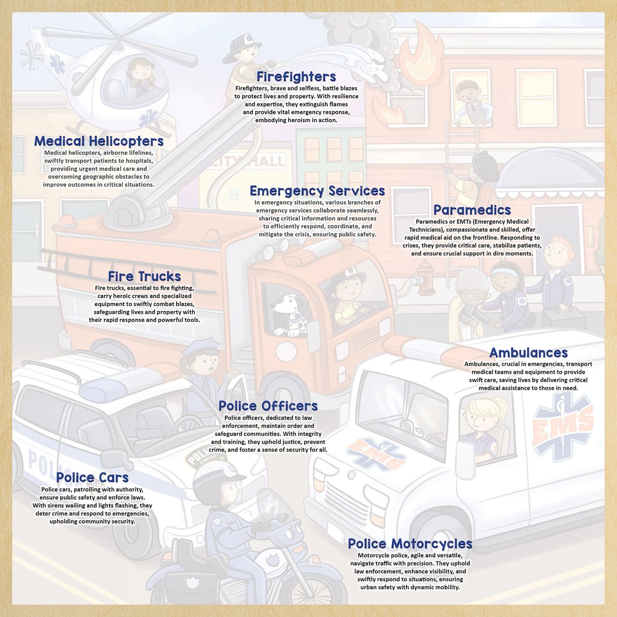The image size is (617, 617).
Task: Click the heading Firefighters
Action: [296, 77]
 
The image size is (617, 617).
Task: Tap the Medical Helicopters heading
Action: [99, 141]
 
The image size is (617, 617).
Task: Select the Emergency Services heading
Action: [317, 191]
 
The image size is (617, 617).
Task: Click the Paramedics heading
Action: [472, 210]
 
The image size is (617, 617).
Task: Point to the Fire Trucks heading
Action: [144, 276]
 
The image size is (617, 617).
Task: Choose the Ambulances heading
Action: [528, 353]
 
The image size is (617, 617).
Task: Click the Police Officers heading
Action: [268, 406]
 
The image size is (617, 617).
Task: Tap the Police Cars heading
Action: [92, 478]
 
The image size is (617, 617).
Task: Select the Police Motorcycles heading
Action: [410, 543]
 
